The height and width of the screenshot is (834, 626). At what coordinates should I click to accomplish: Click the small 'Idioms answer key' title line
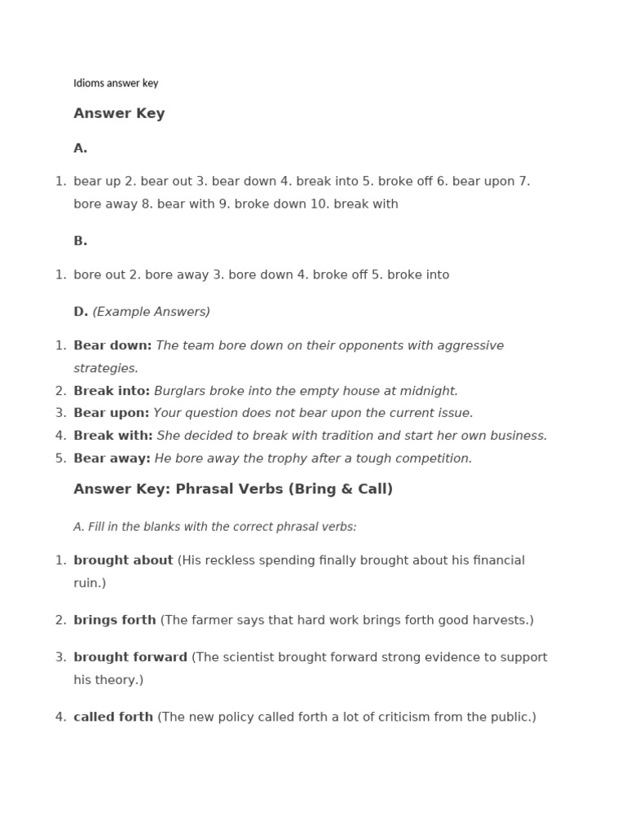point(116,83)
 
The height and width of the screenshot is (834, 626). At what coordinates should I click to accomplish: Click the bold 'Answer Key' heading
point(119,113)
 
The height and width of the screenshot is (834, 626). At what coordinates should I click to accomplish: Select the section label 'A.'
point(80,148)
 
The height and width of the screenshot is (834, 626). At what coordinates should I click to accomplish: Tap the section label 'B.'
point(80,241)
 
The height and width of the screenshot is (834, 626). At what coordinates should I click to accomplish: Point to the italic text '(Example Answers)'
point(151,311)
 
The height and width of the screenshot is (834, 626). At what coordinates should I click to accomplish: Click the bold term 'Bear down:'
point(112,345)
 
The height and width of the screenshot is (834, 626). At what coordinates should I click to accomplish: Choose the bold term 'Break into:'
point(112,391)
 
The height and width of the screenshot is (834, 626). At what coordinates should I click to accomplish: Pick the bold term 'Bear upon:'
point(112,413)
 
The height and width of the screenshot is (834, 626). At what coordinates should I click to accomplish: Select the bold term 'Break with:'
point(113,436)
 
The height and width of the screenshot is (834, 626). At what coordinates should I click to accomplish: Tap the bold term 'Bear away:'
point(112,459)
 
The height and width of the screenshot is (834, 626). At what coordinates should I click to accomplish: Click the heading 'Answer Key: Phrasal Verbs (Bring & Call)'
point(233,489)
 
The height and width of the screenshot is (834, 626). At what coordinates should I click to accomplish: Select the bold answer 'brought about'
point(123,560)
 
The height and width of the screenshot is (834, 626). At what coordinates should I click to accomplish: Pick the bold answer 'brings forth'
point(115,620)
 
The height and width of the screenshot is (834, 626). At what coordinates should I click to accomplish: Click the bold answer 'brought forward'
point(130,657)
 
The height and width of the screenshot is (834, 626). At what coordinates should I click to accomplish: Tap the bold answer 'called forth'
point(113,717)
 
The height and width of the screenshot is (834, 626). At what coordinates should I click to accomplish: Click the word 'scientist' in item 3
point(248,657)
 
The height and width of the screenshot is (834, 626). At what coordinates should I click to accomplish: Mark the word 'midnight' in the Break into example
point(430,391)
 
